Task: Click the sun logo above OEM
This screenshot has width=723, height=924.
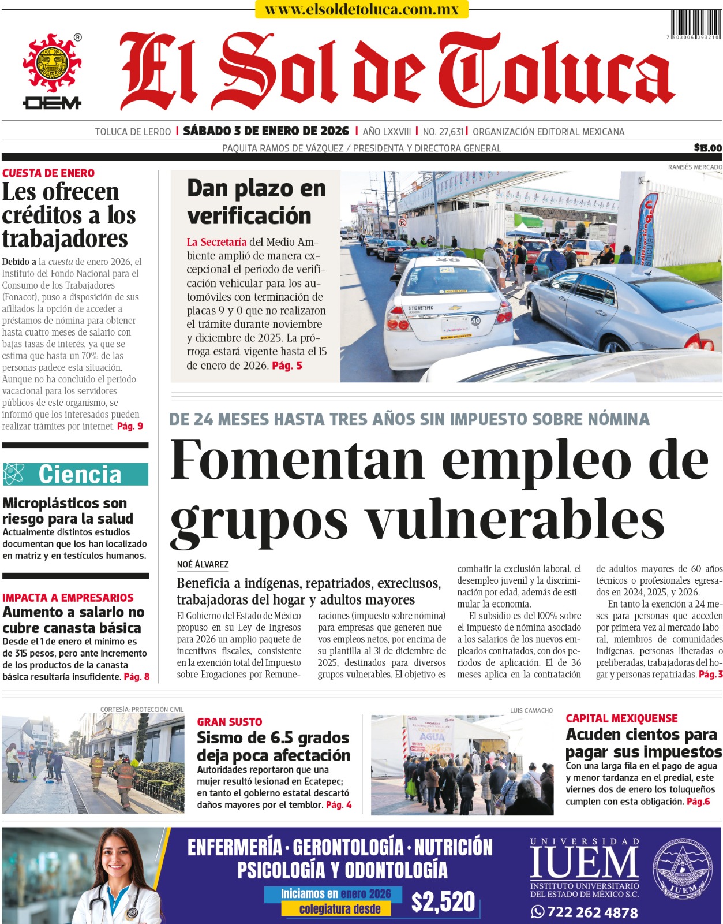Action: coord(52,63)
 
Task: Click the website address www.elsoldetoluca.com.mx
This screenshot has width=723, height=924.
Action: coord(362,9)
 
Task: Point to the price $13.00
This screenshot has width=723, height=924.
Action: coord(707,148)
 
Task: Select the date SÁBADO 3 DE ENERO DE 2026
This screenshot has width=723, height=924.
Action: coord(266,131)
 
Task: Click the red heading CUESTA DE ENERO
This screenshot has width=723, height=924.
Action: coord(48,173)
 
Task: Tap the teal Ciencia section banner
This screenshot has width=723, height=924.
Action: coord(76,474)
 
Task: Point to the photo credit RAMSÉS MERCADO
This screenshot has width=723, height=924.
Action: coord(695,167)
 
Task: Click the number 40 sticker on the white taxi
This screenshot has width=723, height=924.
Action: coord(475,321)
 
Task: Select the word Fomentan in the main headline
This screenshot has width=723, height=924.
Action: coord(297,460)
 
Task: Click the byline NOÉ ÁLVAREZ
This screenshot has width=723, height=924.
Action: coord(203,564)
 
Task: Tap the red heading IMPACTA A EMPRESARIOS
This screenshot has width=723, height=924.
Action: coord(68,598)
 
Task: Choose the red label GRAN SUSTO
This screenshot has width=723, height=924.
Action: coord(230,722)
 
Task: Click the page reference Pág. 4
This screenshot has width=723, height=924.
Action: coord(339,804)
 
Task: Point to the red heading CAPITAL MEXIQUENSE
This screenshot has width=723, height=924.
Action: coord(621,718)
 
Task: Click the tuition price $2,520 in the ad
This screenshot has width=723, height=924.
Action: coord(443,902)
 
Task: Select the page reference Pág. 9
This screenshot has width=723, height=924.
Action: coord(130,426)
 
